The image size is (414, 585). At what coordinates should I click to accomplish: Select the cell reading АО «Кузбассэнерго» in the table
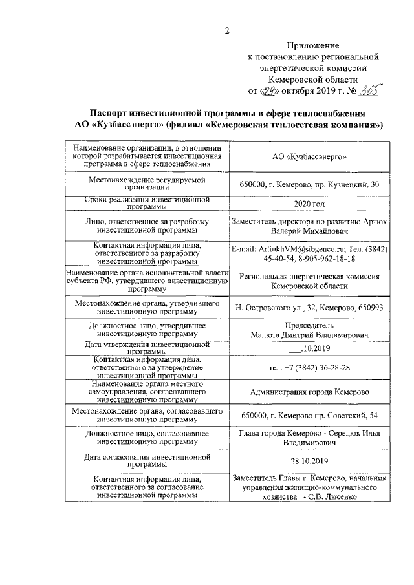coord(310,157)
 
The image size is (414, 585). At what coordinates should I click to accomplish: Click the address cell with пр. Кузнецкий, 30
coord(310,185)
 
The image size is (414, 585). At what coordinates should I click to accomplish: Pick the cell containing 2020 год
coord(310,204)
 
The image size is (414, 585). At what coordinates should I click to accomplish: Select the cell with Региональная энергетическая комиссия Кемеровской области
coord(310,281)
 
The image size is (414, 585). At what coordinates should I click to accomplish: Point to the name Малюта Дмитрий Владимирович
coord(310,335)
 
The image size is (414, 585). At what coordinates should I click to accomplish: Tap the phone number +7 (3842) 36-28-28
coord(310,367)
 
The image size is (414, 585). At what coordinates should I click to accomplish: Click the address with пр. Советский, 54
coord(310,415)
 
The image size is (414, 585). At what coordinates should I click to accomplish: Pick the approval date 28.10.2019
coord(310,460)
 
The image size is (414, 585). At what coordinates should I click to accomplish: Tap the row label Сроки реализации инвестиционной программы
coord(149,203)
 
